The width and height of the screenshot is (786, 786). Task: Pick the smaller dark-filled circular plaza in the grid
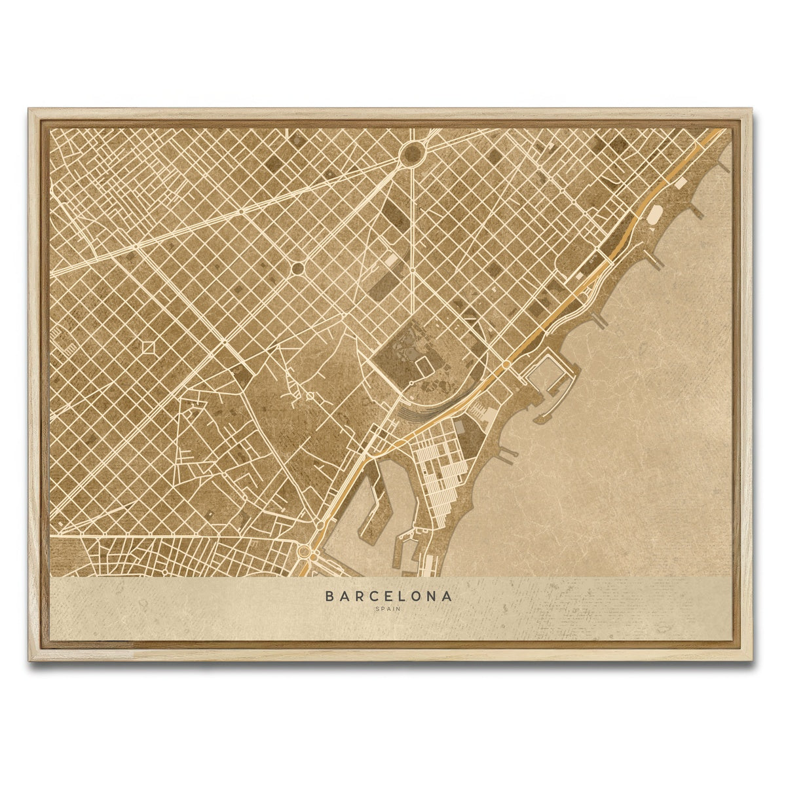click(297, 268)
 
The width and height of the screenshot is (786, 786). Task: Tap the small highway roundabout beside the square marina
click(506, 364)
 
